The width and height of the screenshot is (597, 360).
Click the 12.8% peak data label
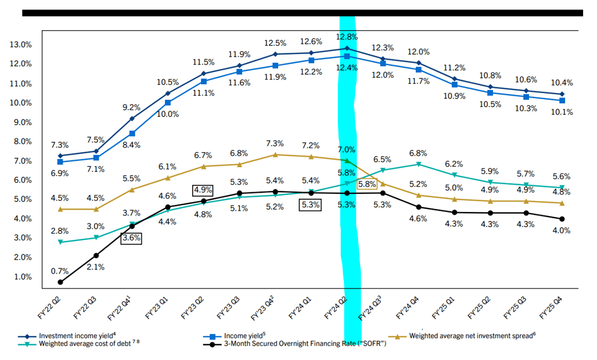(x=347, y=37)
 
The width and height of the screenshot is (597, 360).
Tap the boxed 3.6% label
(x=131, y=237)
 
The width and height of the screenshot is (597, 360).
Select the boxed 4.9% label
(x=203, y=190)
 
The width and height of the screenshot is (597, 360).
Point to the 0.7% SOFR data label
(x=60, y=271)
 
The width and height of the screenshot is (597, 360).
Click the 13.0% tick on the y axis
(x=20, y=45)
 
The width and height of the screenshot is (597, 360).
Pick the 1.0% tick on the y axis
(x=22, y=277)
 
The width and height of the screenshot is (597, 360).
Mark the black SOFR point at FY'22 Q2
(x=60, y=282)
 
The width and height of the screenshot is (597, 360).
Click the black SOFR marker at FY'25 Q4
(x=561, y=219)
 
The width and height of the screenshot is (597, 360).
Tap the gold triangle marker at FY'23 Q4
(x=275, y=154)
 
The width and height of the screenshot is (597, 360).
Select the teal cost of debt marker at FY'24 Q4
(x=418, y=164)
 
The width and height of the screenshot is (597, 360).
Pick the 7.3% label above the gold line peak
(x=275, y=143)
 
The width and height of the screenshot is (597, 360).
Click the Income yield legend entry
(x=244, y=336)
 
